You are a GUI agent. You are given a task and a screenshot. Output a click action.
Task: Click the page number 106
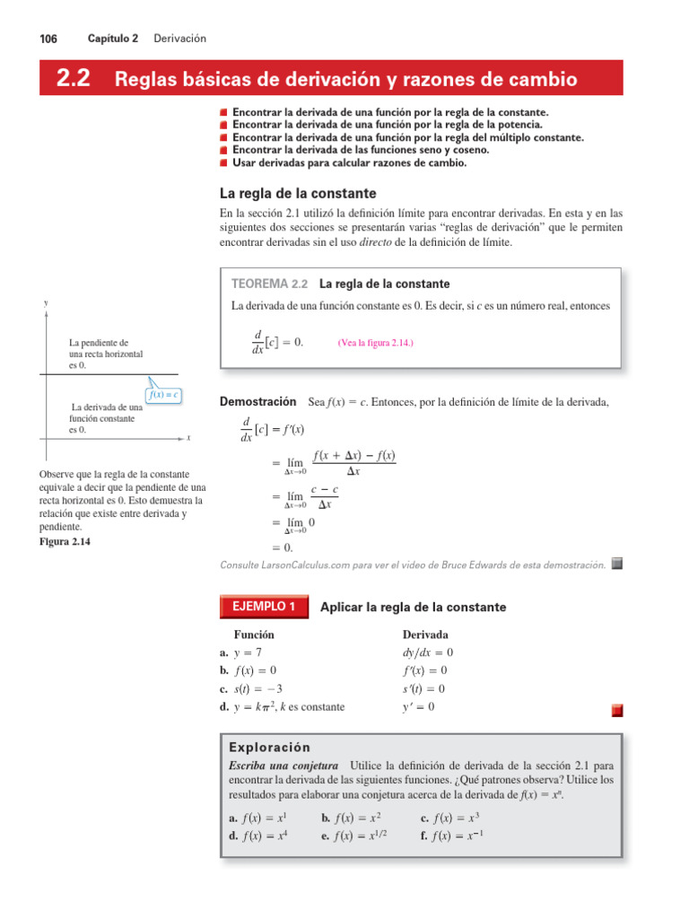click(48, 39)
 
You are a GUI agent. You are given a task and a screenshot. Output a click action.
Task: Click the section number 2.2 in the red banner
click(73, 79)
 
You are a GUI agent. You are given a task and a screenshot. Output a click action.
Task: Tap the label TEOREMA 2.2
click(269, 284)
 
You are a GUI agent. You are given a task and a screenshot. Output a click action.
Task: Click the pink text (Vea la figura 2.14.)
click(375, 343)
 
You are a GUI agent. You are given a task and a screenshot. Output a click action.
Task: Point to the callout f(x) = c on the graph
click(163, 394)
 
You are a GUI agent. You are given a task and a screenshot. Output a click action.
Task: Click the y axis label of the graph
click(46, 303)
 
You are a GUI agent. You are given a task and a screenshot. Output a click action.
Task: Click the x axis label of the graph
click(188, 438)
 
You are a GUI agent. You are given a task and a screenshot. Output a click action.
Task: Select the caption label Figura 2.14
click(65, 542)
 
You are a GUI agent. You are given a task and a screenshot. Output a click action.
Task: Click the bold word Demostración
click(257, 401)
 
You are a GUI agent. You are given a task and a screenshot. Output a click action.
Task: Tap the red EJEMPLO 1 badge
click(264, 607)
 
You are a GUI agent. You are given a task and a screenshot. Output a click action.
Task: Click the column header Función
click(254, 635)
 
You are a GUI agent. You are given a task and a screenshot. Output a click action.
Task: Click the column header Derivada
click(425, 635)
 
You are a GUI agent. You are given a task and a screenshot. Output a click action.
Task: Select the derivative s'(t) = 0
click(423, 688)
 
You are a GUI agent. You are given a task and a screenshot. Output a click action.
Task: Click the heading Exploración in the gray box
click(269, 748)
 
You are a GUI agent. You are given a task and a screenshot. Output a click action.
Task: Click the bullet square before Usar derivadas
click(223, 163)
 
